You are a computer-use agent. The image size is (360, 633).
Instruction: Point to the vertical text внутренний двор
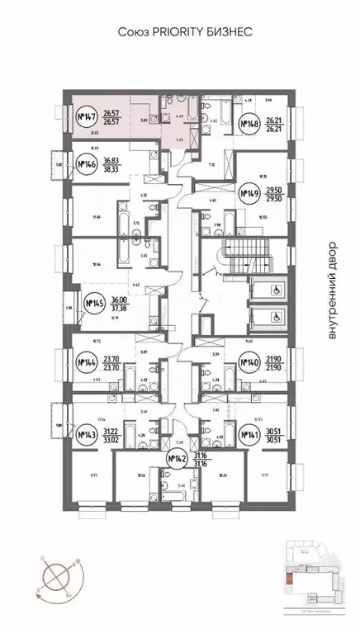(x=333, y=289)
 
